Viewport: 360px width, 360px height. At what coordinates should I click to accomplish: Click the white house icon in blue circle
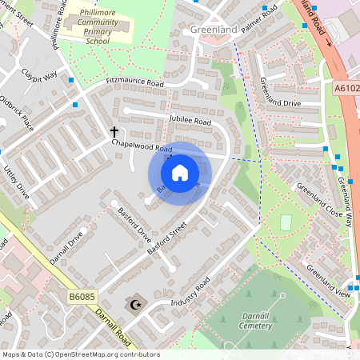[x=180, y=172]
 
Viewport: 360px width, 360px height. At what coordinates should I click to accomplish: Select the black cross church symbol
[x=114, y=131]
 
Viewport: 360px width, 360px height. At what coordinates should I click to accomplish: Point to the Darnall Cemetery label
[x=261, y=321]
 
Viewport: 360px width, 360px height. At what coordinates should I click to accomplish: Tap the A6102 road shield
[x=347, y=88]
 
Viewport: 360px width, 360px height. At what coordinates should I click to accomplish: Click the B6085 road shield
[x=82, y=297]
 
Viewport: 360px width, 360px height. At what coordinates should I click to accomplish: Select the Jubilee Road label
[x=190, y=121]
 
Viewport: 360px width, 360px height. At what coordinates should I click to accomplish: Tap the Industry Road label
[x=190, y=293]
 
